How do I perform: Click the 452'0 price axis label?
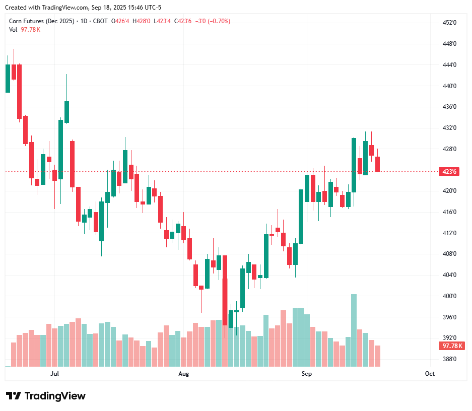pos(449,23)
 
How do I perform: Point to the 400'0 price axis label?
pos(449,296)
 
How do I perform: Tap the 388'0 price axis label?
pos(449,359)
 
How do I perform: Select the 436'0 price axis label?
pos(449,107)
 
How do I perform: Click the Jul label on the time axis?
pos(55,374)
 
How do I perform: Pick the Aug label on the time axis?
pos(184,374)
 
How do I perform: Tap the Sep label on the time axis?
pos(306,374)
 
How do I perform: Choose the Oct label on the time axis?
pos(430,374)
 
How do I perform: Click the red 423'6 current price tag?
pos(449,172)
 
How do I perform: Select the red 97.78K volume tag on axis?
pos(452,346)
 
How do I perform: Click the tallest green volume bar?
pos(354,330)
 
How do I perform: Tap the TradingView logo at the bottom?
pos(46,396)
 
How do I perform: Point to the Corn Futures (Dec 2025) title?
pos(42,21)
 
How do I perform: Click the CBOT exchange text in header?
pos(101,21)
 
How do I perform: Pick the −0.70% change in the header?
pos(220,21)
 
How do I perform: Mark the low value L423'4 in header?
pos(162,21)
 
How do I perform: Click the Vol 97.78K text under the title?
pos(25,30)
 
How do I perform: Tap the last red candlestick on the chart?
pos(377,164)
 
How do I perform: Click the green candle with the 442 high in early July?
pos(66,112)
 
